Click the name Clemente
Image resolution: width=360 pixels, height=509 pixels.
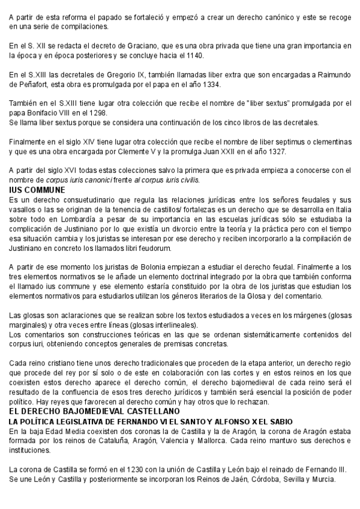click(x=202, y=151)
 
